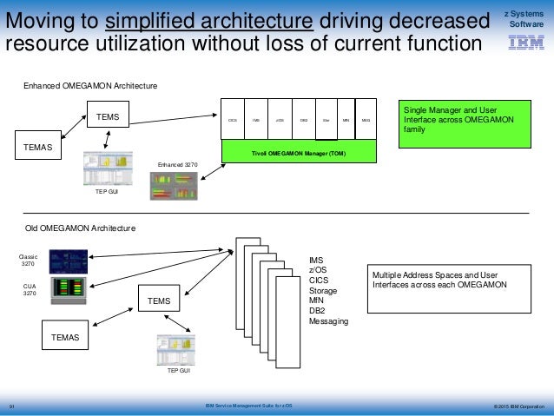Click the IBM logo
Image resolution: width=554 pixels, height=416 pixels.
(x=527, y=42)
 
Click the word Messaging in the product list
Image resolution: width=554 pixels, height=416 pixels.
(x=328, y=321)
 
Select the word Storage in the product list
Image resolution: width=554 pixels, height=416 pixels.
(x=323, y=290)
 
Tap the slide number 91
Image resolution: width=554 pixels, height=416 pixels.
(x=13, y=406)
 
